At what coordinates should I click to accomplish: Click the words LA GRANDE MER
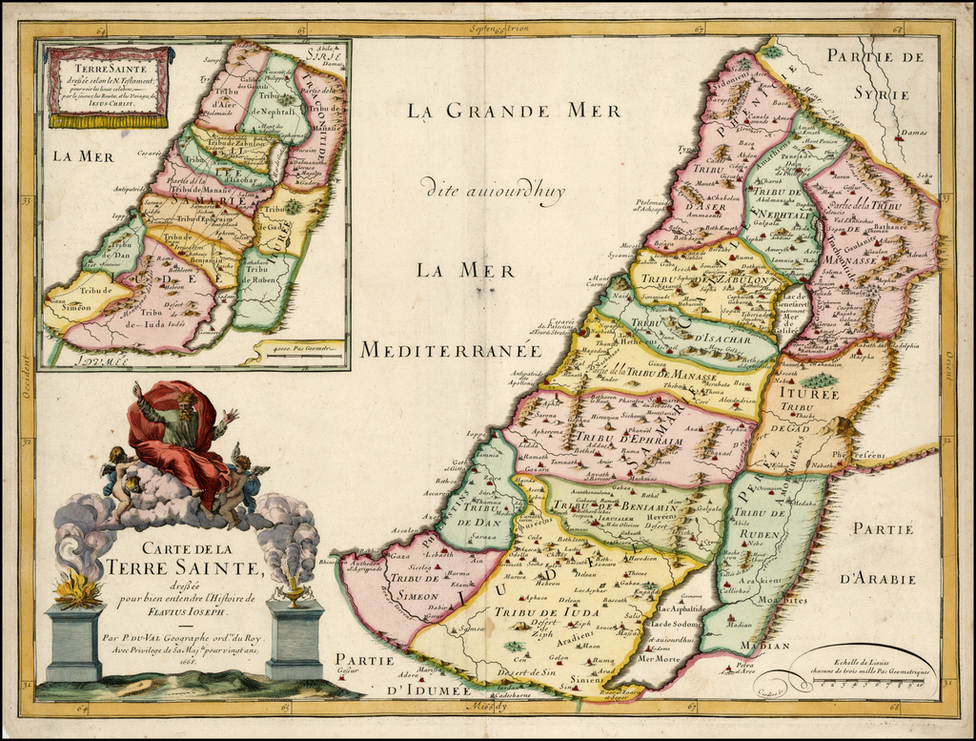point(501,112)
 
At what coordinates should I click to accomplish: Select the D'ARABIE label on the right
point(878,578)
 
